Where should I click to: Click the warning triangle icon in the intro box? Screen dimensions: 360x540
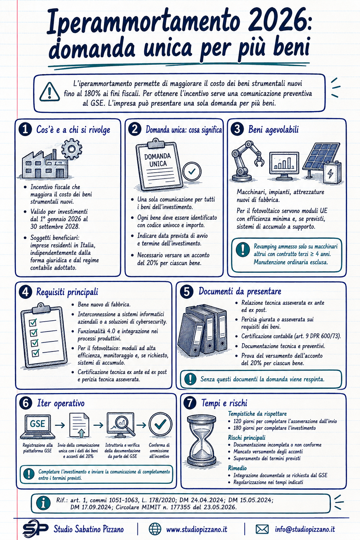50,92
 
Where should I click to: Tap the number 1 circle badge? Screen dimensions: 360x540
25,129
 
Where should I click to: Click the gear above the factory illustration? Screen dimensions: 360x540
72,149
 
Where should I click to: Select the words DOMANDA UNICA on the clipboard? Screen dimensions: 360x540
158,160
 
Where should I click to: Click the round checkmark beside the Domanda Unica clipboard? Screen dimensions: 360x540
192,172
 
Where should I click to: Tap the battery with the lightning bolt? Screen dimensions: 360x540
332,173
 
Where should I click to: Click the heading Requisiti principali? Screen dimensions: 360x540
67,292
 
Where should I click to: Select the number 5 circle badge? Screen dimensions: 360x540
187,292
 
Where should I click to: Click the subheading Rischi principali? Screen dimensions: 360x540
247,438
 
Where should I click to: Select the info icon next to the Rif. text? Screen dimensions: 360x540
43,503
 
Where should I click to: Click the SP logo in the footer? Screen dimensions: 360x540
35,529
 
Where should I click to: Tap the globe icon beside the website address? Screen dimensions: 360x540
155,529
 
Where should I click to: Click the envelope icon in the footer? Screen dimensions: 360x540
262,529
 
